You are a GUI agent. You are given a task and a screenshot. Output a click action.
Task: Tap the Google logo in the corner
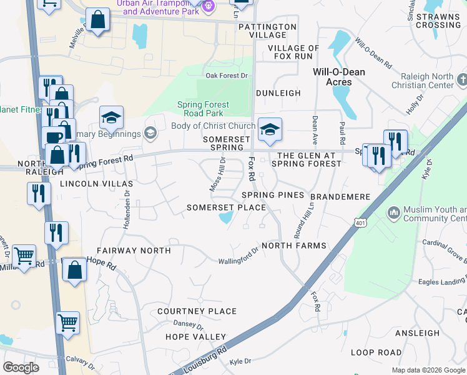click(x=21, y=367)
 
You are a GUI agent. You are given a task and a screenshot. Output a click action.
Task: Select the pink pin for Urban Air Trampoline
click(x=209, y=6)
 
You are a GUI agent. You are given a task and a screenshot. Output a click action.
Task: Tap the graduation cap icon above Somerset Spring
click(x=270, y=129)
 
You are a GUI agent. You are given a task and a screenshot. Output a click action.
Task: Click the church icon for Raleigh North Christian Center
click(x=461, y=80)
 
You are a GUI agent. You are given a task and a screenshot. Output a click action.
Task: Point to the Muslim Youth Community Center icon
click(x=393, y=213)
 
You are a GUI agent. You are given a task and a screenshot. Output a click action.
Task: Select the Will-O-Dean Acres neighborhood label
click(x=339, y=77)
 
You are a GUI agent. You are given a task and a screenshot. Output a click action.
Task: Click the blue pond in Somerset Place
click(x=225, y=218)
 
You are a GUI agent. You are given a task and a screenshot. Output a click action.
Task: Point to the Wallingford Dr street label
click(x=238, y=256)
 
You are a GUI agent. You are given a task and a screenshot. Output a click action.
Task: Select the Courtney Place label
click(x=197, y=311)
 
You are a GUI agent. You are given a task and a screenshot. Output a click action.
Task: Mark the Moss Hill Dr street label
click(x=217, y=175)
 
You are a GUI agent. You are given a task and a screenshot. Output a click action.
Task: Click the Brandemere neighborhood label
click(x=340, y=197)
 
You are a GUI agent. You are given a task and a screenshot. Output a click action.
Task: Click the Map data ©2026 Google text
click(x=428, y=370)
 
